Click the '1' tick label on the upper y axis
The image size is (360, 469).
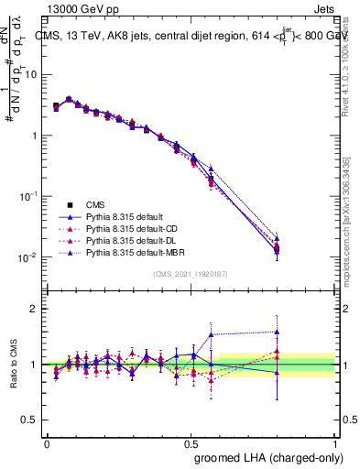click(32, 136)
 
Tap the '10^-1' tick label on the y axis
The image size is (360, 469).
click(27, 196)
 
